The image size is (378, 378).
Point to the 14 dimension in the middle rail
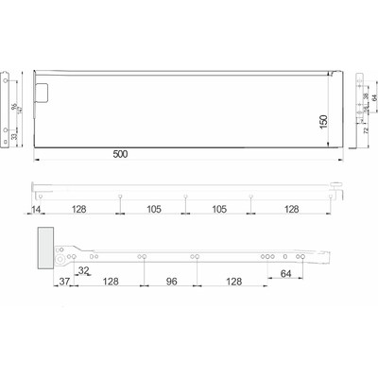[x=36, y=210]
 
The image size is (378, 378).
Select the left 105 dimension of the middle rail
[x=154, y=210]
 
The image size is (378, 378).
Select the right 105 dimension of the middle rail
[x=218, y=210]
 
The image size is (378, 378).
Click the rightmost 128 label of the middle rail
[x=293, y=210]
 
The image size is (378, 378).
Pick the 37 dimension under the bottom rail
[x=64, y=282]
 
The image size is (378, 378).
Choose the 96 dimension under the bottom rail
[x=172, y=282]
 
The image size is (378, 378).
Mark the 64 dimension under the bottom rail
[x=285, y=274]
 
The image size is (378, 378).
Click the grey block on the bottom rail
[x=46, y=248]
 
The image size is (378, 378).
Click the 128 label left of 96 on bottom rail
[x=112, y=282]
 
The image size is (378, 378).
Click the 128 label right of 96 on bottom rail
[x=232, y=282]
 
